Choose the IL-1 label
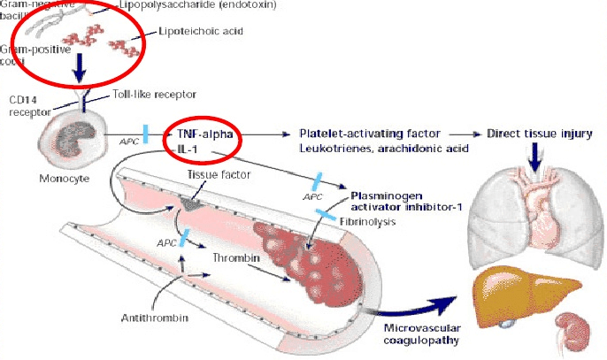pos(188,148)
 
